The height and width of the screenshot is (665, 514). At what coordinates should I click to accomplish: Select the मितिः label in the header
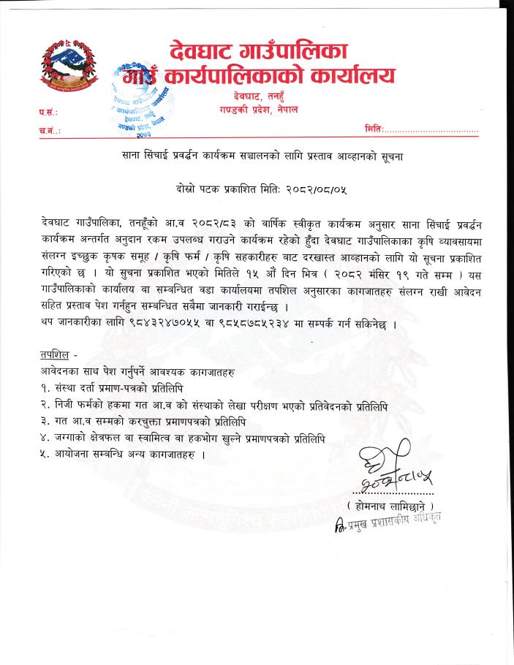374,129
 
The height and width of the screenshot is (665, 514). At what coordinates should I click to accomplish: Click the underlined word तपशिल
55,355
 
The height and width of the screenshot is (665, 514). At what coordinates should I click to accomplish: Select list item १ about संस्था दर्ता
118,389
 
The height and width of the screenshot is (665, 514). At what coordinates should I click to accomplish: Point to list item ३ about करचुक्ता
153,421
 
